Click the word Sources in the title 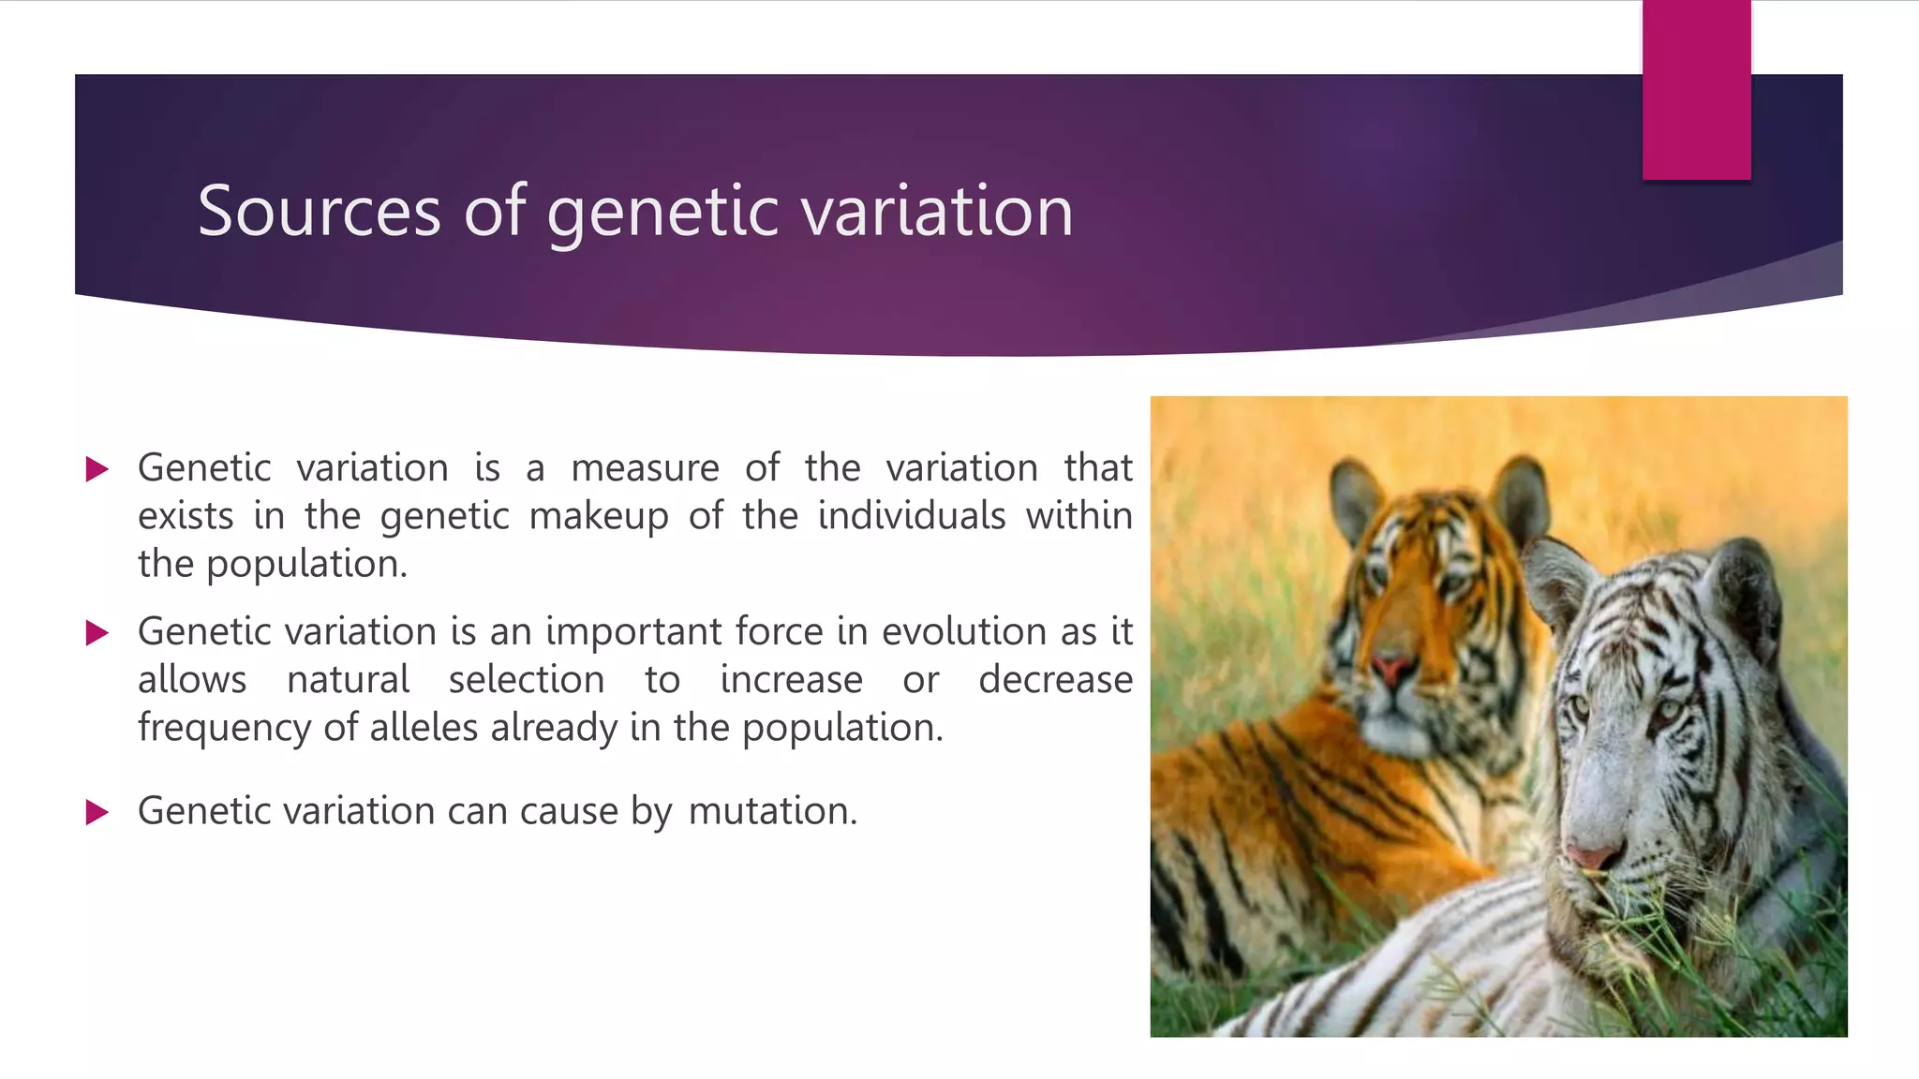(319, 211)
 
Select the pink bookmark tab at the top (1696, 90)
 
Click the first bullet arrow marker (97, 469)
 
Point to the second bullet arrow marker (97, 633)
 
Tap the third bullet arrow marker (97, 812)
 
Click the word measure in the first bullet (645, 468)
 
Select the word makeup (599, 517)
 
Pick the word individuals (912, 515)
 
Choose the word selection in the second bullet (527, 680)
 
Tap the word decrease (1056, 680)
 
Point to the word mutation (773, 811)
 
